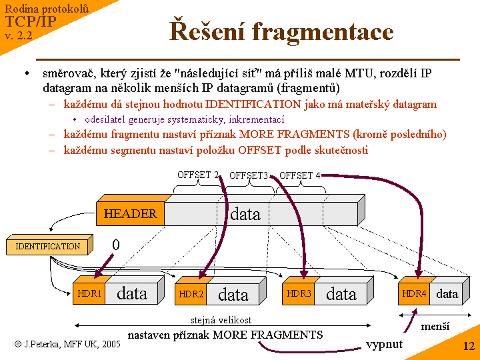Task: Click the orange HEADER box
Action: point(131,214)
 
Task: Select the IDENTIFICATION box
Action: point(47,246)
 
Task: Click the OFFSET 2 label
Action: point(198,175)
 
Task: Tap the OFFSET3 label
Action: point(249,175)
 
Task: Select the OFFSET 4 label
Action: point(299,175)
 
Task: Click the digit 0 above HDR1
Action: point(116,245)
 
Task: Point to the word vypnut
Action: point(384,344)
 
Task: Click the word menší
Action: point(435,327)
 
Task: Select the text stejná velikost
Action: point(221,321)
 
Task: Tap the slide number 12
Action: point(469,346)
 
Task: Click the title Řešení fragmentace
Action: point(281,31)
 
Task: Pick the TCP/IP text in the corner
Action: point(30,21)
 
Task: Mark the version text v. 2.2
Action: point(19,35)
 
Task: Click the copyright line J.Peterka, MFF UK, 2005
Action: point(67,344)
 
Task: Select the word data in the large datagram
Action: point(245,214)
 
